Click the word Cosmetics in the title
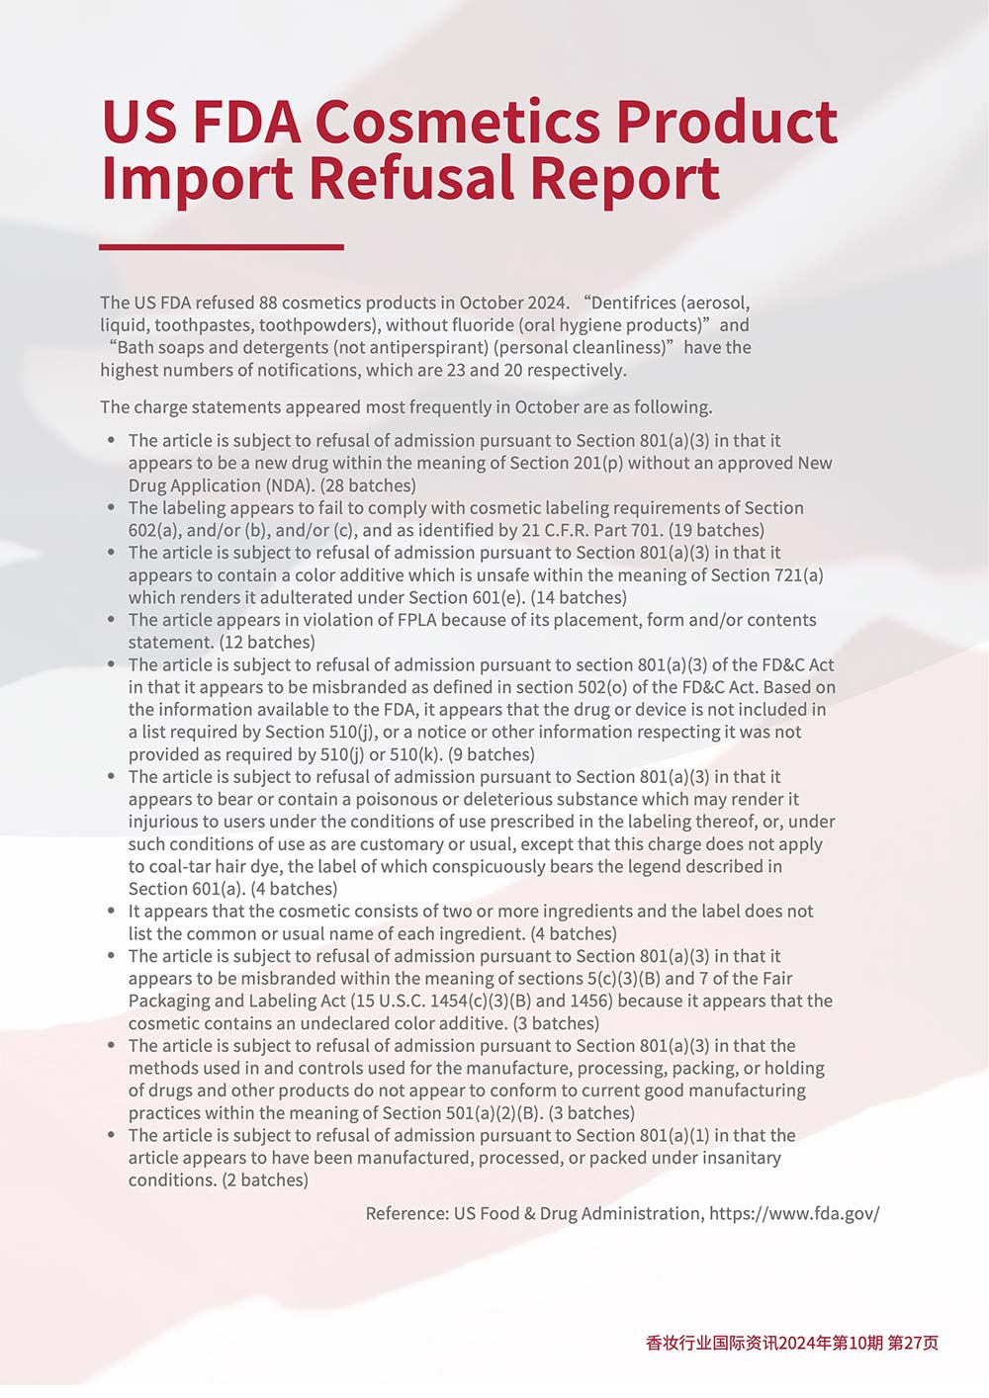pyautogui.click(x=457, y=123)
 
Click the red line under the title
pyautogui.click(x=222, y=247)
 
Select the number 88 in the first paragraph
pyautogui.click(x=270, y=303)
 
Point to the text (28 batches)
pyautogui.click(x=368, y=485)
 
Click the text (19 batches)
pyautogui.click(x=716, y=530)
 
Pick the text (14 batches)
pyautogui.click(x=579, y=597)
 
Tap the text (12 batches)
pyautogui.click(x=267, y=643)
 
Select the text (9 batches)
pyautogui.click(x=491, y=754)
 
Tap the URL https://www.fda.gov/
pyautogui.click(x=794, y=1213)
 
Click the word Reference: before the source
pyautogui.click(x=406, y=1213)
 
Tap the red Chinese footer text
pyautogui.click(x=791, y=1342)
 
